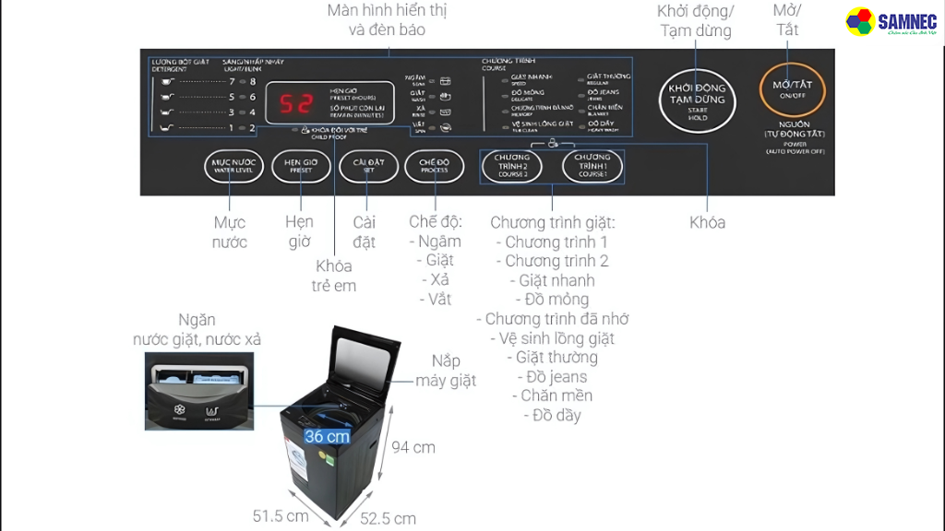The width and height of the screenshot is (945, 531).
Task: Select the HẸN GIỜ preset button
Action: tap(301, 167)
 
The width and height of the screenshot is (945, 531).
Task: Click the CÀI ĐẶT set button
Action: tap(367, 167)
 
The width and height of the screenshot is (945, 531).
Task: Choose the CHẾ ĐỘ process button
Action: tap(433, 167)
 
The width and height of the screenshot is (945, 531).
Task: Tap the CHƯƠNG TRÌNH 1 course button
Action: tap(592, 166)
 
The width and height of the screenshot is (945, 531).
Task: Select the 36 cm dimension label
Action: tap(327, 436)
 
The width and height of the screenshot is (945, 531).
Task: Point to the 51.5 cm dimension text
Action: tap(281, 516)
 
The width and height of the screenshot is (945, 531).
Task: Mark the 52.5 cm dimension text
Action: tap(388, 519)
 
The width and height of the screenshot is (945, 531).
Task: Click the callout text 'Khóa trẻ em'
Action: tap(334, 276)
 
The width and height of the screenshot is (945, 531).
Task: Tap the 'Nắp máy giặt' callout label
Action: tap(445, 371)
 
